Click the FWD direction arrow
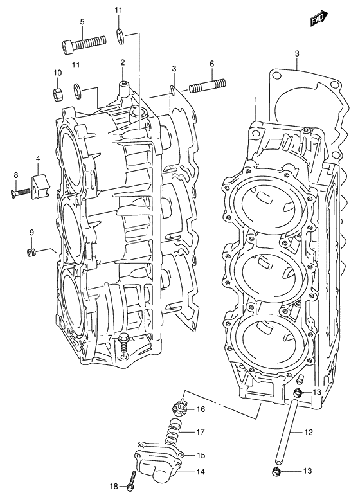[318, 20]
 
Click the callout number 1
[255, 100]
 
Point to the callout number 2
[122, 62]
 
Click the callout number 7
[110, 337]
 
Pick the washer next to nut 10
[77, 89]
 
